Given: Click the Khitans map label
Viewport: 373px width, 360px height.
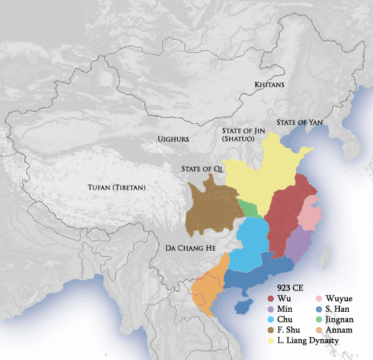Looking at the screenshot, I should (x=270, y=85).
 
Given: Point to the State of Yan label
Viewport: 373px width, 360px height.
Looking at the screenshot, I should (x=301, y=122).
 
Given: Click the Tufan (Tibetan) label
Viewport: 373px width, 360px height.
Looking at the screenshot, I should (x=117, y=187).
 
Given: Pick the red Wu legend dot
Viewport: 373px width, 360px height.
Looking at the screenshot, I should (x=271, y=298).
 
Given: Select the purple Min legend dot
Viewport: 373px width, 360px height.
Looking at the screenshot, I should (x=271, y=309).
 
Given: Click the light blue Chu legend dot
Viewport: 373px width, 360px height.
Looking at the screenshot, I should (x=271, y=320).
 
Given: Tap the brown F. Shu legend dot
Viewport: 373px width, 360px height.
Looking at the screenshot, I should (x=271, y=331).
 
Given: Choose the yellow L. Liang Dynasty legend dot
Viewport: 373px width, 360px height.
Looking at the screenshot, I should (x=271, y=341).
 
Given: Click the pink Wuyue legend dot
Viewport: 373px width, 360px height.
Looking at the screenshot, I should (x=319, y=298).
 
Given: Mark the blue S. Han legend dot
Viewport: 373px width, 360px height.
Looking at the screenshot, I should (x=319, y=309).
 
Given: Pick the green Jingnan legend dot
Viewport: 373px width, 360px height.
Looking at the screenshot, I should (x=319, y=320).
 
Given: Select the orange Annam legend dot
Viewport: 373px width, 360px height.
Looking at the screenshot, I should (x=319, y=331).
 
